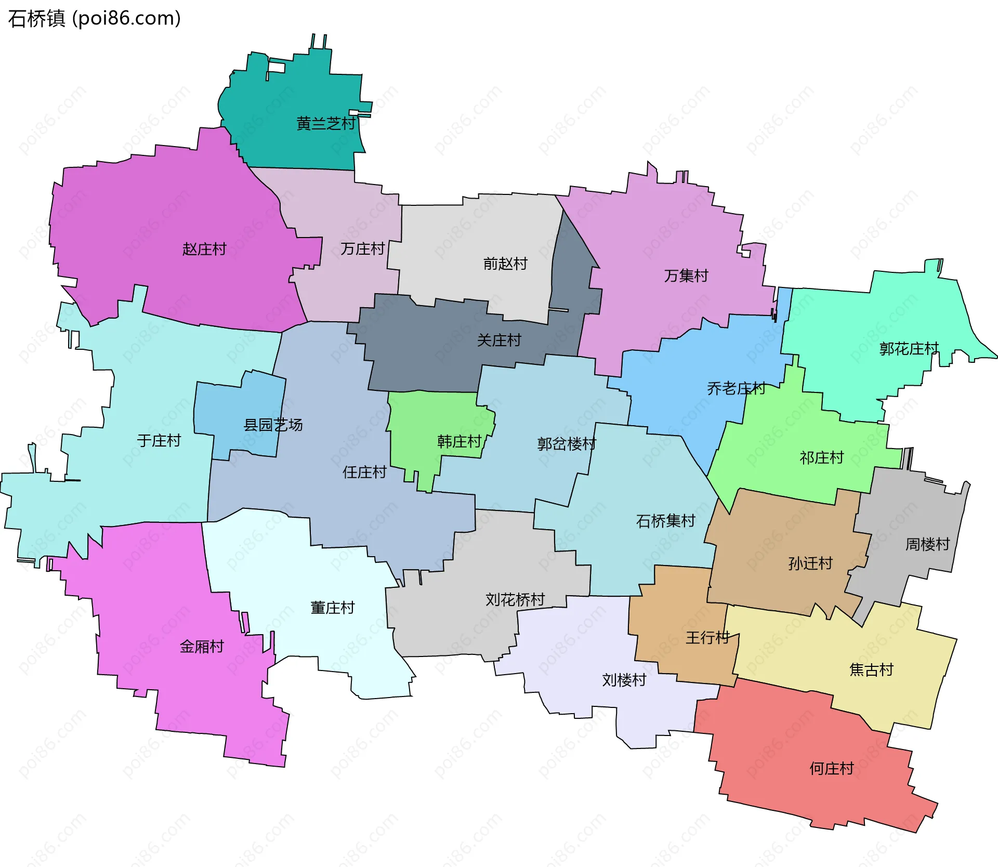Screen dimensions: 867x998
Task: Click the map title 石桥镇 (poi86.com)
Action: click(94, 18)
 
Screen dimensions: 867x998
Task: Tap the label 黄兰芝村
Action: click(326, 123)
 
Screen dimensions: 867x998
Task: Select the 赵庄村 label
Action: click(204, 249)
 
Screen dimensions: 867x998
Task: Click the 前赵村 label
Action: click(505, 264)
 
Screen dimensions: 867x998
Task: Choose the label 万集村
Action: click(686, 275)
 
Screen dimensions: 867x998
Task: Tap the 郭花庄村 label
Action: click(909, 348)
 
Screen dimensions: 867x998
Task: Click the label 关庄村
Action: click(499, 340)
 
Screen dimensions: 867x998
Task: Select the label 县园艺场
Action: click(273, 425)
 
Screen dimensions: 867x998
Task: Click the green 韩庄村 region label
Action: click(459, 441)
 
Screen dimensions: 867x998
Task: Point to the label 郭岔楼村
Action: click(567, 443)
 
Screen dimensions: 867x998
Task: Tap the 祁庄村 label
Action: click(821, 457)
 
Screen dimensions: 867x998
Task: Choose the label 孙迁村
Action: click(810, 563)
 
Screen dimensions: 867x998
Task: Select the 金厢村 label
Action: click(202, 646)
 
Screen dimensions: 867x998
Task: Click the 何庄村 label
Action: click(832, 768)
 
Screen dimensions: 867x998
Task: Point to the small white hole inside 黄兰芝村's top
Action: click(277, 68)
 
